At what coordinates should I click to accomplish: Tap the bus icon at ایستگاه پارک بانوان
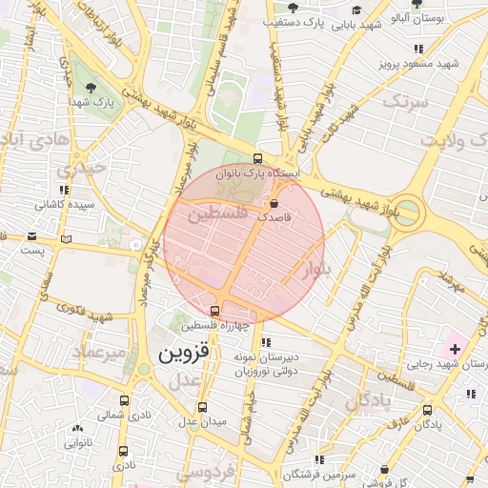point(257,159)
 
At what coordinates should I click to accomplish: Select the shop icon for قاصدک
point(274,203)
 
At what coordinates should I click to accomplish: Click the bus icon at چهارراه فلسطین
point(214,311)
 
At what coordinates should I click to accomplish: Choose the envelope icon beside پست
point(32,236)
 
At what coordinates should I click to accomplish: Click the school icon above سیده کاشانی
point(64,191)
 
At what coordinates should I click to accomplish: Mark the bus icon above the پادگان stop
point(427,411)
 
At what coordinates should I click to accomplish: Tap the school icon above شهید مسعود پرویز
point(417,49)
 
